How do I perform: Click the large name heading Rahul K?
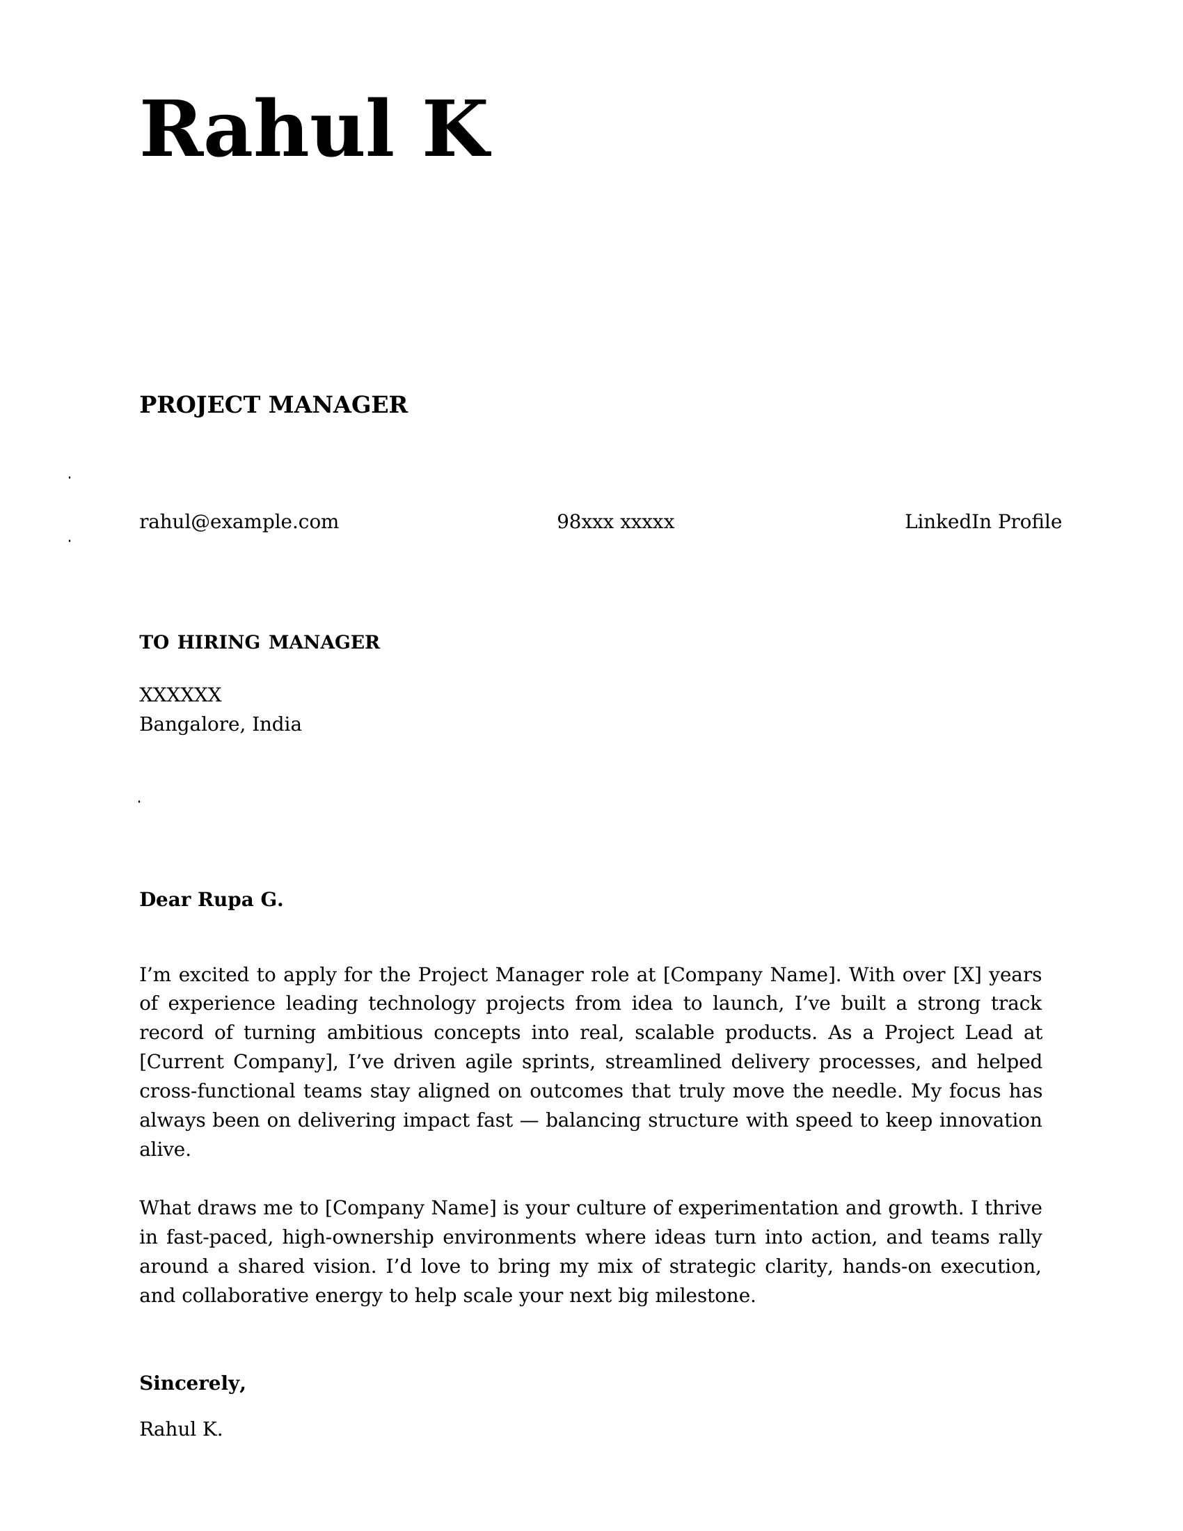coord(315,131)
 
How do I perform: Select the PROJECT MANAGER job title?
coord(273,404)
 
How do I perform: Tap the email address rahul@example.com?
coord(239,521)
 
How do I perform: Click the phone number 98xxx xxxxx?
coord(615,521)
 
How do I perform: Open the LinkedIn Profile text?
coord(983,521)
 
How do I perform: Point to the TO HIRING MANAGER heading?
coord(260,642)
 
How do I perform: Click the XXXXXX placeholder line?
coord(180,695)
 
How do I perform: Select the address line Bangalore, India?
coord(220,724)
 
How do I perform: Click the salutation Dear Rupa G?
coord(211,899)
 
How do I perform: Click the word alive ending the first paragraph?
coord(164,1150)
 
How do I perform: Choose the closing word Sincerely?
coord(191,1383)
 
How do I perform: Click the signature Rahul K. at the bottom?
coord(181,1429)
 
